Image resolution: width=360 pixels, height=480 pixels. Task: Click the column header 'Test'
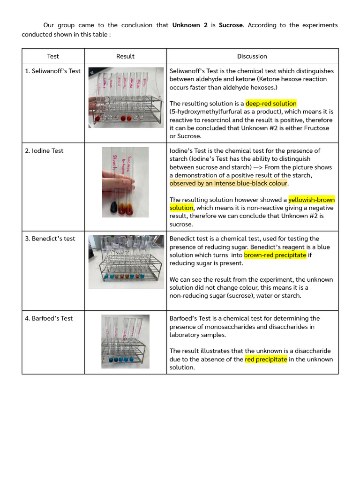53,56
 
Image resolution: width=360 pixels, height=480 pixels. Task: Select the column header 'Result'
125,56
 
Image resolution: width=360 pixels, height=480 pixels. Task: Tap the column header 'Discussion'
252,56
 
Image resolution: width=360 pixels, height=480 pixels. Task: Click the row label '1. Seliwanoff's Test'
53,71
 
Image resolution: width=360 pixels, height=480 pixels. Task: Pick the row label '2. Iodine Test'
44,151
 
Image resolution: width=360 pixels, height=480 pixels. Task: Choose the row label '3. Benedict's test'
50,239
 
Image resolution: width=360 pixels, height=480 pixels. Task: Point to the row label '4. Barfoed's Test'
49,318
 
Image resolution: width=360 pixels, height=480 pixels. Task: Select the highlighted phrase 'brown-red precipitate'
275,255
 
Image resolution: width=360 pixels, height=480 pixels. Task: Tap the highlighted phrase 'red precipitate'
266,360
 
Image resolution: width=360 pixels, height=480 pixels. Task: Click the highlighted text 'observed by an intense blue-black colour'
228,183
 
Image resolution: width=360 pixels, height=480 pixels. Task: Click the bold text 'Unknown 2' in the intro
190,25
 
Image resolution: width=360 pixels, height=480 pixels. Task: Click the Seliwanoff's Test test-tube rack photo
125,97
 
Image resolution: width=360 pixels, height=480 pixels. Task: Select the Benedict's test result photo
125,262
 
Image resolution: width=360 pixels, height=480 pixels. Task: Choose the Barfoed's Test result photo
125,341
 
